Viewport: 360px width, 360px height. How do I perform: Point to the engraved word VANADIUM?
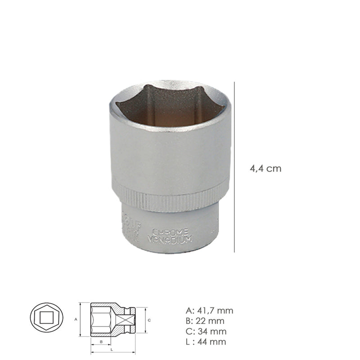[170, 238]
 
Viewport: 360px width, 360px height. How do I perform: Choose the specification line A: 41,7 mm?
[209, 310]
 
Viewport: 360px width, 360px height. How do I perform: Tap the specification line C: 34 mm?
[205, 332]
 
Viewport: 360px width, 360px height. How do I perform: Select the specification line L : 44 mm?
[206, 342]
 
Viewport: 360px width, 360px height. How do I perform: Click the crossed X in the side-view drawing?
[128, 319]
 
